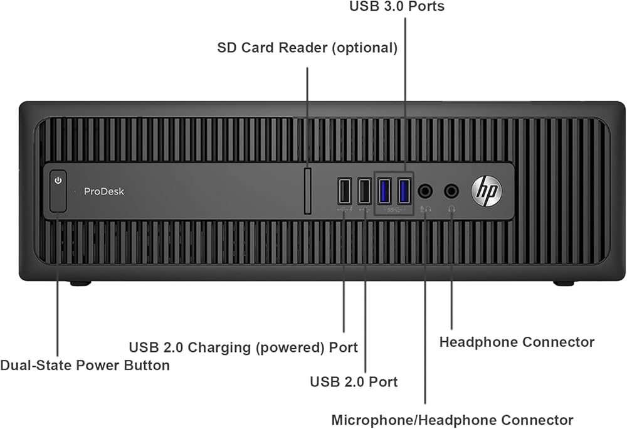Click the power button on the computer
pyautogui.click(x=58, y=191)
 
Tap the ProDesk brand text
pyautogui.click(x=104, y=191)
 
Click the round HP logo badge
pyautogui.click(x=487, y=191)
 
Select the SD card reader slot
pyautogui.click(x=307, y=191)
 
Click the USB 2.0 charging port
pyautogui.click(x=345, y=191)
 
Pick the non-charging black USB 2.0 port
pyautogui.click(x=364, y=191)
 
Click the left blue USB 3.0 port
pyautogui.click(x=385, y=191)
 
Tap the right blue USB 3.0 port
pyautogui.click(x=404, y=191)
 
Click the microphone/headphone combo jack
pyautogui.click(x=425, y=191)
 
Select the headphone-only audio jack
pyautogui.click(x=451, y=191)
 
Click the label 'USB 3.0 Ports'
pyautogui.click(x=397, y=6)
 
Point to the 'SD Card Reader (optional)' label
pyautogui.click(x=307, y=48)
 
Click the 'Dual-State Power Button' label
pyautogui.click(x=85, y=365)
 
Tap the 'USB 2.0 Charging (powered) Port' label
pyautogui.click(x=243, y=347)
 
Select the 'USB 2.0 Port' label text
pyautogui.click(x=354, y=382)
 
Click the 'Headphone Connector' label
pyautogui.click(x=517, y=342)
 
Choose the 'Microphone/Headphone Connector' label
pyautogui.click(x=452, y=420)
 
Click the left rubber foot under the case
pyautogui.click(x=80, y=283)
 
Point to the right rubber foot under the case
pyautogui.click(x=564, y=283)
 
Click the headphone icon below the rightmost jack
pyautogui.click(x=452, y=209)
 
